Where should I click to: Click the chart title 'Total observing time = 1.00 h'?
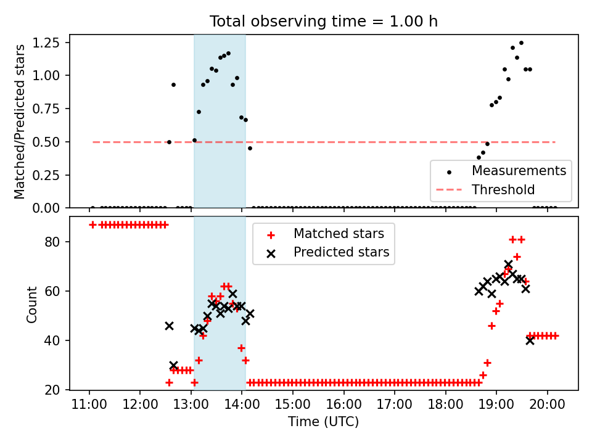[x=324, y=22]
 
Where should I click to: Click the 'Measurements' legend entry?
[x=519, y=171]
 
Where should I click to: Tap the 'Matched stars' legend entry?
[x=339, y=234]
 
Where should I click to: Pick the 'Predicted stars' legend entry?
[x=341, y=252]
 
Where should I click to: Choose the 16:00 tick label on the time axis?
[x=344, y=405]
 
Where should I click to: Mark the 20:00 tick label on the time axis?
[x=548, y=405]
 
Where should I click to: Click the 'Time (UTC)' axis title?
[x=324, y=422]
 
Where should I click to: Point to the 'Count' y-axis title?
[x=31, y=304]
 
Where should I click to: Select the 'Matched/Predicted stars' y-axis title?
[x=20, y=121]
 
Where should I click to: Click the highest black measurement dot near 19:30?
[x=521, y=43]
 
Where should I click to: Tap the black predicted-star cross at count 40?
[x=530, y=340]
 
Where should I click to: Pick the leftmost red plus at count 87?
[x=92, y=224]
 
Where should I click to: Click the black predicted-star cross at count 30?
[x=173, y=365]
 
